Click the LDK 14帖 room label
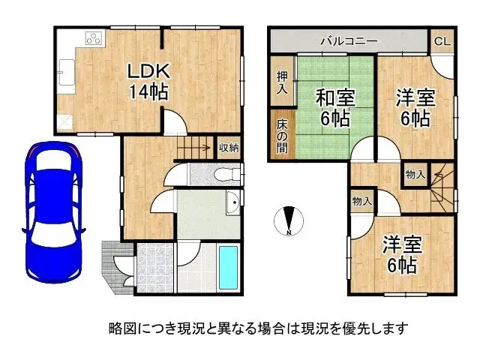(x=148, y=81)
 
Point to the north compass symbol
(x=289, y=219)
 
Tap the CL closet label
(x=442, y=40)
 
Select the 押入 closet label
(x=282, y=82)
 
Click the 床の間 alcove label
(x=282, y=136)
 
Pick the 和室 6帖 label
(x=334, y=107)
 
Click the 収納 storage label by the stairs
(x=229, y=148)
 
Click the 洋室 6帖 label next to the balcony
(x=413, y=107)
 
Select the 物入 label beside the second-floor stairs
(x=414, y=175)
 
